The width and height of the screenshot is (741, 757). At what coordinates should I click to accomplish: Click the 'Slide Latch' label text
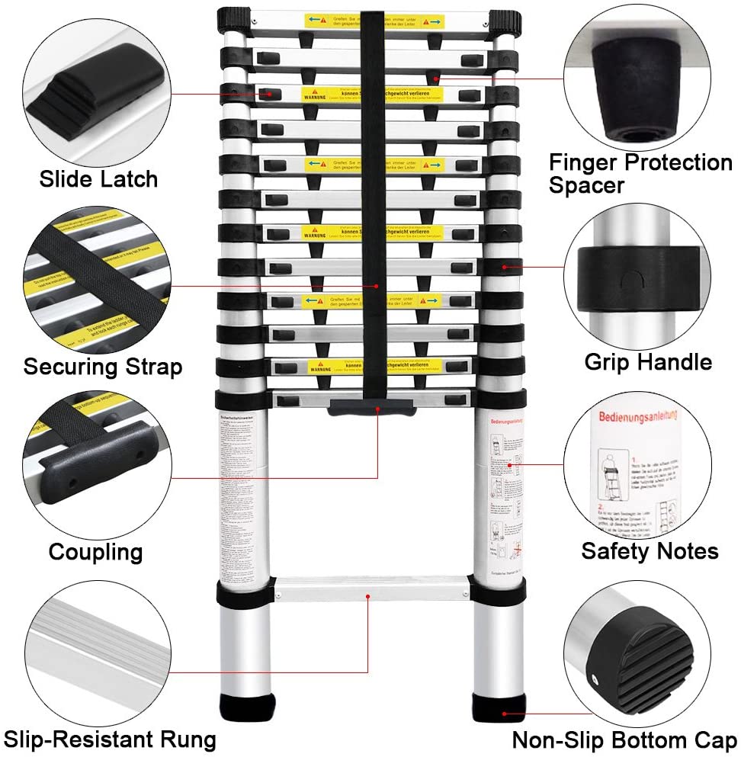(98, 179)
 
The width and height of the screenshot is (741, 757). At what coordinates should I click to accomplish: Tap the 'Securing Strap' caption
(103, 367)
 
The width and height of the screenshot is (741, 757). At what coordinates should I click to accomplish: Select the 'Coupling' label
(95, 551)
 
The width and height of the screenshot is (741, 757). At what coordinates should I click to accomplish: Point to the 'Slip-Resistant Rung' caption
(110, 739)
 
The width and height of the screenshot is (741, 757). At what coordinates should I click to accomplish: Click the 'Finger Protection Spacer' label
(640, 173)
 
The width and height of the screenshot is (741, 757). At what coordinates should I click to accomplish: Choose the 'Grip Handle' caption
(648, 361)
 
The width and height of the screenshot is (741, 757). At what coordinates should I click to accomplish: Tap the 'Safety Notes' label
(650, 550)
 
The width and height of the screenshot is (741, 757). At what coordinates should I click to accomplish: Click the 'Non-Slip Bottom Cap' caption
(624, 739)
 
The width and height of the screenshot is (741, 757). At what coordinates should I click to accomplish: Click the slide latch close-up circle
(96, 85)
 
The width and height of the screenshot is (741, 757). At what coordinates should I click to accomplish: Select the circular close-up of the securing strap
(97, 278)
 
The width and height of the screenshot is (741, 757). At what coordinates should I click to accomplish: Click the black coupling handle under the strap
(371, 409)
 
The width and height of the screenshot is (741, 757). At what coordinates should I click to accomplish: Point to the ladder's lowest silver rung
(371, 589)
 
